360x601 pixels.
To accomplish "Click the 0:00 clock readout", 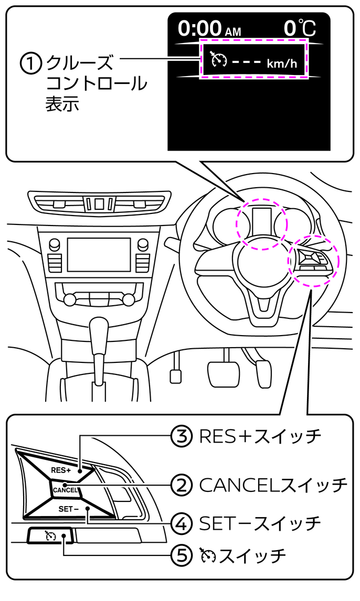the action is pyautogui.click(x=200, y=28).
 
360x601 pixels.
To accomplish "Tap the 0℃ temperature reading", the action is pyautogui.click(x=300, y=28).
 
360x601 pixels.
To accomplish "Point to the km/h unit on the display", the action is pyautogui.click(x=282, y=63).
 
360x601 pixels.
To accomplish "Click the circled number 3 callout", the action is pyautogui.click(x=181, y=436).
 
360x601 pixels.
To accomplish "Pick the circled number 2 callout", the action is pyautogui.click(x=181, y=485).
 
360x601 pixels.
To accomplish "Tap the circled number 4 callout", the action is pyautogui.click(x=181, y=523).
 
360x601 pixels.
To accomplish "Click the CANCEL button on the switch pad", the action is pyautogui.click(x=65, y=489).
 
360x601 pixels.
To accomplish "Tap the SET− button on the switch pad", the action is pyautogui.click(x=70, y=509).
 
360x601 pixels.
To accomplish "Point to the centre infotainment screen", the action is pyautogui.click(x=99, y=254).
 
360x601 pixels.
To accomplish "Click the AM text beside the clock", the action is pyautogui.click(x=233, y=32).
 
